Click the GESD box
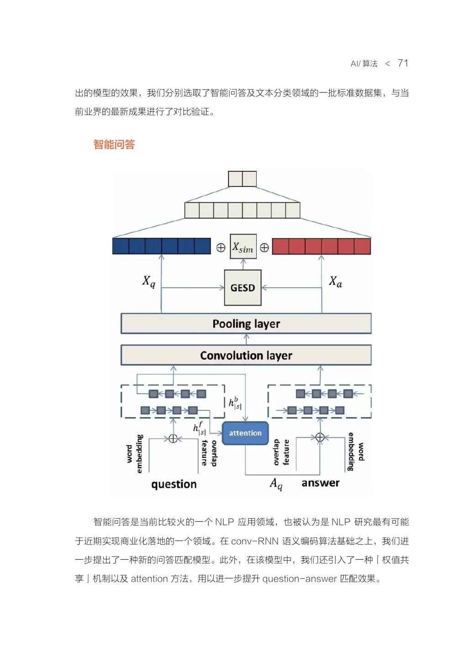[243, 287]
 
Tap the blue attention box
[245, 433]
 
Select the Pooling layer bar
[246, 324]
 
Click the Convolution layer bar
[246, 355]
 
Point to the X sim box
[243, 247]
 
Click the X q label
[148, 281]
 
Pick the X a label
[335, 281]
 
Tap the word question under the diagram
[174, 484]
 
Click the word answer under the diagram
[320, 483]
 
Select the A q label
[276, 484]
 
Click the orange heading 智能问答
[114, 145]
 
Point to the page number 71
[403, 63]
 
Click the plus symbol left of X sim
[221, 248]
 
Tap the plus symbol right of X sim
[264, 248]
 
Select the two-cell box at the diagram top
[242, 179]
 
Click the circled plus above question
[173, 439]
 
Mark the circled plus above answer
[320, 437]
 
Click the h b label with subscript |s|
[235, 403]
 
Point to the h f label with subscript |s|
[199, 428]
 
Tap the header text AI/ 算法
[364, 64]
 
